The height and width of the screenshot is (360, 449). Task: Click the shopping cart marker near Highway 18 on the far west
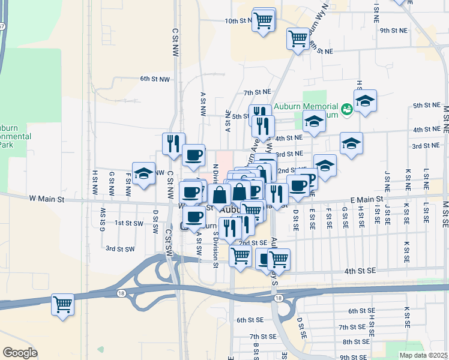coord(62,305)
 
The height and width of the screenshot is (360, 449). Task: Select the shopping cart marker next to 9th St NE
coord(298,39)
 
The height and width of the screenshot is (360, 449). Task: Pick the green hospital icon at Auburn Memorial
coord(346,109)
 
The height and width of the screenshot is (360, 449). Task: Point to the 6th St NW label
coord(155,79)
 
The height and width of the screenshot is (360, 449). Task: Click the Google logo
coord(20,353)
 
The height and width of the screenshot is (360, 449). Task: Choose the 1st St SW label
coord(129,223)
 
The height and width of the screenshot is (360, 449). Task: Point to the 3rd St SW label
coord(119,248)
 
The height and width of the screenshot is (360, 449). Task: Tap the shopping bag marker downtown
coord(220,196)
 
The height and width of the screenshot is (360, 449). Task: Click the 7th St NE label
coord(258,92)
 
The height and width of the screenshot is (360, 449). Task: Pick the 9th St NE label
coord(393,30)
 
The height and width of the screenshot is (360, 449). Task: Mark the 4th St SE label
coord(360,271)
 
